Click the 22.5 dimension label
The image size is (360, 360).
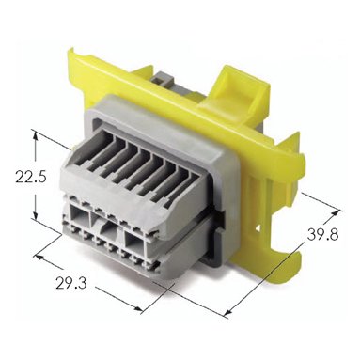click(31, 178)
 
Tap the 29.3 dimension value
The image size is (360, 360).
click(71, 284)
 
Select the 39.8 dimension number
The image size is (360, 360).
click(322, 234)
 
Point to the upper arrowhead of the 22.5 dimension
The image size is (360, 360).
click(36, 135)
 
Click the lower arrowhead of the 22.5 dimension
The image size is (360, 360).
click(36, 215)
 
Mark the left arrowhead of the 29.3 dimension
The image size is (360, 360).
click(39, 258)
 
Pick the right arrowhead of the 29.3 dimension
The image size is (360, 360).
click(138, 308)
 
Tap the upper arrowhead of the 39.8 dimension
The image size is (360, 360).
click(335, 213)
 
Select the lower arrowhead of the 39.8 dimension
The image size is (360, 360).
click(228, 311)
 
